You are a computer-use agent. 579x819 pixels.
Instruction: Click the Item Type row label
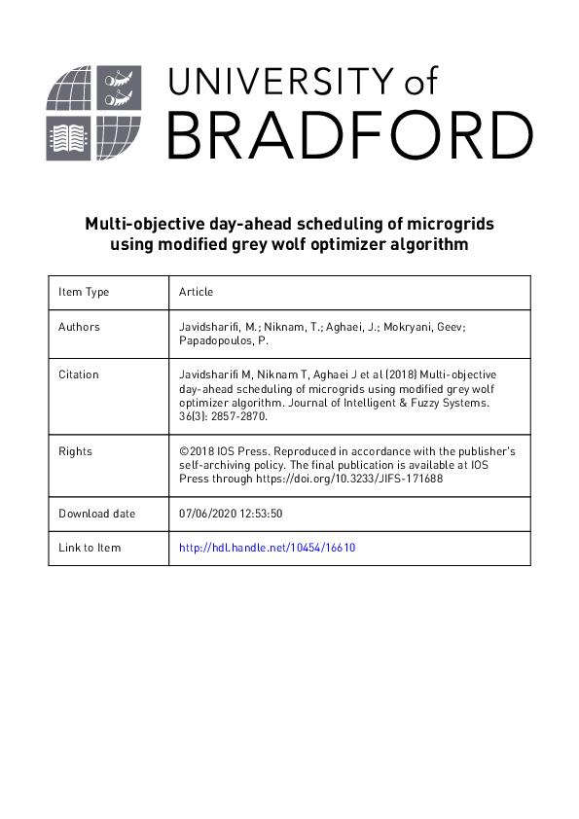click(x=84, y=292)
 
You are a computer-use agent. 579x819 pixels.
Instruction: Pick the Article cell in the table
click(x=197, y=292)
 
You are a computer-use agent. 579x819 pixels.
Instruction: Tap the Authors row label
click(x=79, y=327)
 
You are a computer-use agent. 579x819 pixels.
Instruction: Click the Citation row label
click(x=79, y=374)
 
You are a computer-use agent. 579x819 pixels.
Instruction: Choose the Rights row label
click(x=75, y=451)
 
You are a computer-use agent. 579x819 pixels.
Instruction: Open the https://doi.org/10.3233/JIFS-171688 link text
click(x=361, y=479)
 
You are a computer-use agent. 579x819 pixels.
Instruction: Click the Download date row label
click(x=97, y=514)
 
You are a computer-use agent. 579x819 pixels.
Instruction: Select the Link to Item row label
click(x=90, y=548)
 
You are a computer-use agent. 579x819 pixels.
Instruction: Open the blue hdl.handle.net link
click(x=268, y=548)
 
